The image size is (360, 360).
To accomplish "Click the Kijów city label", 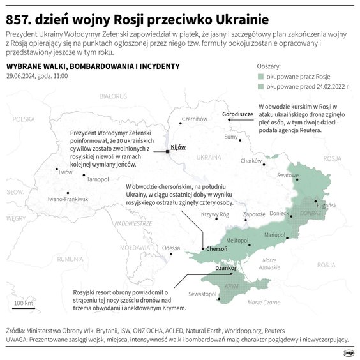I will [x=178, y=147].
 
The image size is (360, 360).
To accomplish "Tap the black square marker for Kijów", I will [x=167, y=151].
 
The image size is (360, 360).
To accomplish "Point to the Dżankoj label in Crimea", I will [x=226, y=269].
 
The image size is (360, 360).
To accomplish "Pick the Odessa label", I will [x=171, y=248].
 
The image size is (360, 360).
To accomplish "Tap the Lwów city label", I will [x=65, y=172].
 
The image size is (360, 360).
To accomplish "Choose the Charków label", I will [x=251, y=161].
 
